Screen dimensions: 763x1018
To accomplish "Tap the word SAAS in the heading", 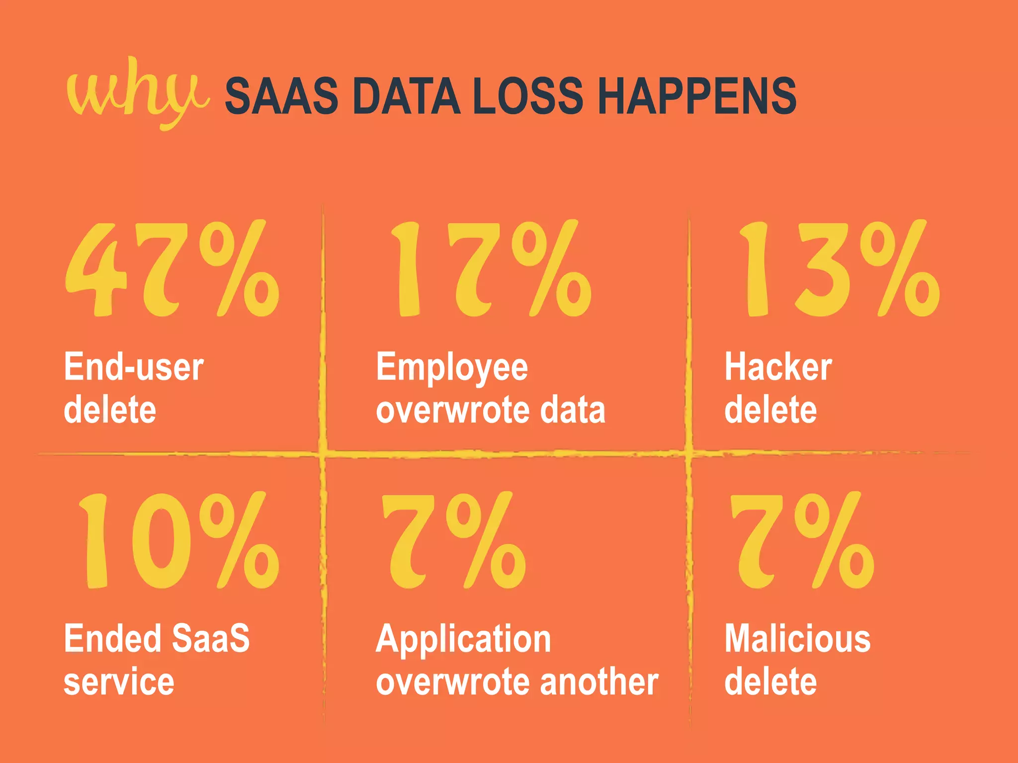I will (x=281, y=96).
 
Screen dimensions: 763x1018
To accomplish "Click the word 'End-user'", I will (x=134, y=368).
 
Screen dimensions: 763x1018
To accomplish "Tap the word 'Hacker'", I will (x=778, y=368).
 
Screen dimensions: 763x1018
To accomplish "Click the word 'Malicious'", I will (x=797, y=639).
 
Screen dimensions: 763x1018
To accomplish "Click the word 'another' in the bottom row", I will (x=599, y=682).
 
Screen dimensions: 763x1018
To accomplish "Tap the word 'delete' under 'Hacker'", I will (x=770, y=410).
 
